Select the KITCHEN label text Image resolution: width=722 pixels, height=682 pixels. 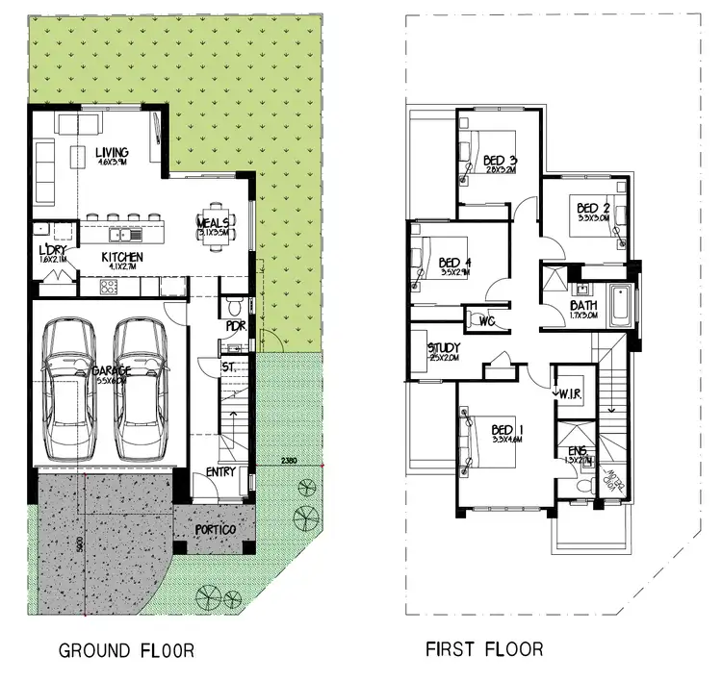[122, 258]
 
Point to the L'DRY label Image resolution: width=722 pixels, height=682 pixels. [51, 251]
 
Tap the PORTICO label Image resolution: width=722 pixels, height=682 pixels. [216, 529]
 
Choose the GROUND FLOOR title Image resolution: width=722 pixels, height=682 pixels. [127, 650]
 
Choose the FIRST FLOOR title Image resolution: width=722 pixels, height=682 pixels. [484, 649]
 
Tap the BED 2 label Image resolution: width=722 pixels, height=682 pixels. [594, 208]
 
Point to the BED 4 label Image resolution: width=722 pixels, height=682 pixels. [455, 263]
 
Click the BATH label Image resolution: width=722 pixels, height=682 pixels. [582, 305]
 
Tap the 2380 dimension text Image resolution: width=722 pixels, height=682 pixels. [289, 461]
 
